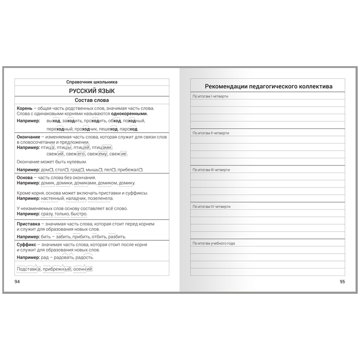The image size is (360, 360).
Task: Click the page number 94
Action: click(x=18, y=282)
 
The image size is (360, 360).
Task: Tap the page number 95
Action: click(x=342, y=282)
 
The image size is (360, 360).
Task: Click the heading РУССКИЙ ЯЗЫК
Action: click(x=92, y=91)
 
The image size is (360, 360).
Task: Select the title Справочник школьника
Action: click(x=92, y=82)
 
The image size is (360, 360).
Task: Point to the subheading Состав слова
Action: click(x=92, y=100)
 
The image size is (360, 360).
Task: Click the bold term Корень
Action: click(x=24, y=108)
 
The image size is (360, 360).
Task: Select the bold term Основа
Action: click(x=25, y=178)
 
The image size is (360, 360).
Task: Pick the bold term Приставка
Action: click(x=29, y=224)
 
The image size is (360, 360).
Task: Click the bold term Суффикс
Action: click(x=27, y=244)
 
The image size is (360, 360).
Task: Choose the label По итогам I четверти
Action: click(x=210, y=96)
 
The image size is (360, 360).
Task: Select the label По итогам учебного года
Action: click(x=214, y=243)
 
